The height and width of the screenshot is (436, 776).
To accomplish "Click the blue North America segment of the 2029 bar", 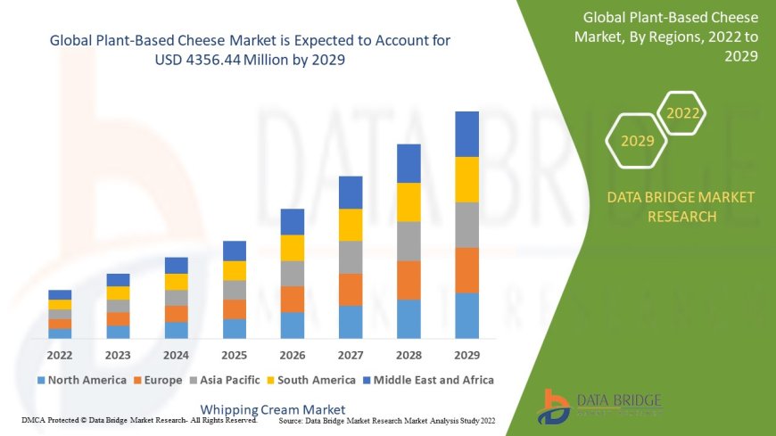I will tap(466, 316).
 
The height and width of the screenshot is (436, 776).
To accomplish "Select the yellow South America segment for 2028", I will tap(409, 202).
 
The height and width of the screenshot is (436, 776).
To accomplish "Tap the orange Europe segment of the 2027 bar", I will tap(351, 290).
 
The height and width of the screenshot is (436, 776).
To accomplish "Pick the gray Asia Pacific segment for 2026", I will tap(293, 274).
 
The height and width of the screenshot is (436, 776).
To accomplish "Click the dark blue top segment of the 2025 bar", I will tap(235, 251).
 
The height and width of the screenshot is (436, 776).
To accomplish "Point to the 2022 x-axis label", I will tap(60, 354).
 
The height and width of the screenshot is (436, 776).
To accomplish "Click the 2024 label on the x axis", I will tap(176, 354).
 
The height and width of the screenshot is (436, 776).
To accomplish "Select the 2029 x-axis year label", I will tap(466, 354).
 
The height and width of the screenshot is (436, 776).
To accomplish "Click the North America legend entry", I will tap(81, 380).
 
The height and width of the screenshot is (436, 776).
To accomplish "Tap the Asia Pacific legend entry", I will tap(225, 380).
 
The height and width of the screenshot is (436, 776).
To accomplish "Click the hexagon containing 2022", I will tap(682, 113).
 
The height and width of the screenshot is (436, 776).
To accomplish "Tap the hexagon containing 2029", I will tap(637, 141).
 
